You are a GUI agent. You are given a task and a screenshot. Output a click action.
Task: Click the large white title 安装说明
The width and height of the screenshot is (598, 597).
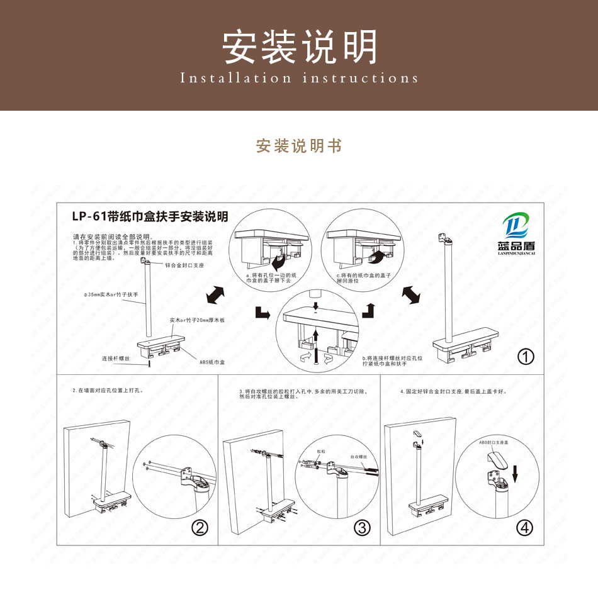coord(300,47)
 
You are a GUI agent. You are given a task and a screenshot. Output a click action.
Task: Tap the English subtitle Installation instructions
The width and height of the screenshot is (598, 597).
coord(299,79)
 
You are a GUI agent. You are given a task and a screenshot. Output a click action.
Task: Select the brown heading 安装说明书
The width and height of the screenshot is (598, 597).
coord(299,146)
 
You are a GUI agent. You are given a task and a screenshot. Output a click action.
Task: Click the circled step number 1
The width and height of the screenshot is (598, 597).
coord(525,357)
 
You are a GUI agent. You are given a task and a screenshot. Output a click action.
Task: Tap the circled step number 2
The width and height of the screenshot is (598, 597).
coord(200,528)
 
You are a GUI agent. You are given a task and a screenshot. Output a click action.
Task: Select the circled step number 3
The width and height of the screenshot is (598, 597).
coord(362,528)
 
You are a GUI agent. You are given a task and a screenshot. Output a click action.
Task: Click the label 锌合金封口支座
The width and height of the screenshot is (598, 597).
coord(184,266)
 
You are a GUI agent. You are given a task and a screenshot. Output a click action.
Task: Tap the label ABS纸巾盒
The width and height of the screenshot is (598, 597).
coord(213,362)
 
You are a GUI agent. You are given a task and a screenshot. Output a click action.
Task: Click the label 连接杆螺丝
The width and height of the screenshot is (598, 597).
coord(116,359)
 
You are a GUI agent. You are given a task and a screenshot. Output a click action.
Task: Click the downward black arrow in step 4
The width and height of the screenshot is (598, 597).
coord(514,472)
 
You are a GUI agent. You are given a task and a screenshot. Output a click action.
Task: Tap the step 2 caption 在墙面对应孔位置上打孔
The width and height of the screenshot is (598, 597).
coord(108,391)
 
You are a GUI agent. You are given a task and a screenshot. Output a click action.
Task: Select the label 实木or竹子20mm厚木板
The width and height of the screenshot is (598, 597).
coord(197,320)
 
